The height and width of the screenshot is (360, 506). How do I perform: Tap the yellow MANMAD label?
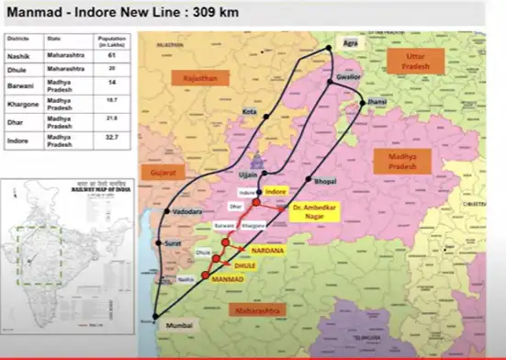click(227, 276)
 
